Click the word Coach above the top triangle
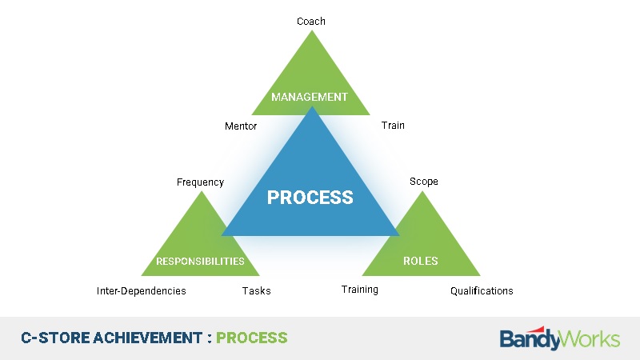coord(311,22)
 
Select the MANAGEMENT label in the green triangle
coord(310,97)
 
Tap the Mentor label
coord(241,126)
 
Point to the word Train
coord(393,126)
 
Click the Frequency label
coord(201,182)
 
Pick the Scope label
coord(424,182)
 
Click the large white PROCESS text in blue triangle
coord(310,198)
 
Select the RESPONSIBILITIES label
coord(201,262)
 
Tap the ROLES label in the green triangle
coord(421,261)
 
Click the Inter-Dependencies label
coord(142,291)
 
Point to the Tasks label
coord(256,291)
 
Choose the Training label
coord(359,290)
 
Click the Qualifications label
coord(482,291)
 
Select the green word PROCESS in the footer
coord(252,338)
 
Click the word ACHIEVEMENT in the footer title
coord(148,338)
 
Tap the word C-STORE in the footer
coord(55,338)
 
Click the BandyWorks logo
coord(560,338)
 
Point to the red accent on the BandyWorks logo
coord(538,330)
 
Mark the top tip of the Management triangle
coord(312,30)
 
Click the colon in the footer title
coord(210,338)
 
